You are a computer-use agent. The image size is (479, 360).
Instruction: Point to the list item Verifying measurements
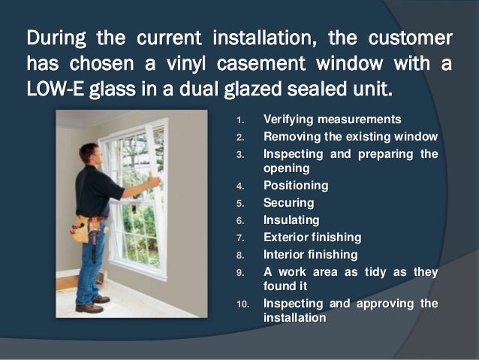tap(332, 119)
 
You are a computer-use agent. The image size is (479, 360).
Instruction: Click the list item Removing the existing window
tap(350, 137)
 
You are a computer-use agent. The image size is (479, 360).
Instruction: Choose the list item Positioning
tap(295, 186)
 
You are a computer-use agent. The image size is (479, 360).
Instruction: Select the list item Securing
tap(288, 203)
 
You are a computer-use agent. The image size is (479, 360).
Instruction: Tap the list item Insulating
tap(291, 220)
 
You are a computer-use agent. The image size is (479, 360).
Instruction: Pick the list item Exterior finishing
tap(312, 237)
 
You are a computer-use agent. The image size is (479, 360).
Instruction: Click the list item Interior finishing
tap(310, 255)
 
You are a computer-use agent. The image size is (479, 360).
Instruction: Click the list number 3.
tap(239, 155)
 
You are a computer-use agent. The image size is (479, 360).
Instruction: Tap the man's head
tap(89, 155)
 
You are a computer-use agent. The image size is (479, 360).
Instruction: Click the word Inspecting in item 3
tap(295, 154)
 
